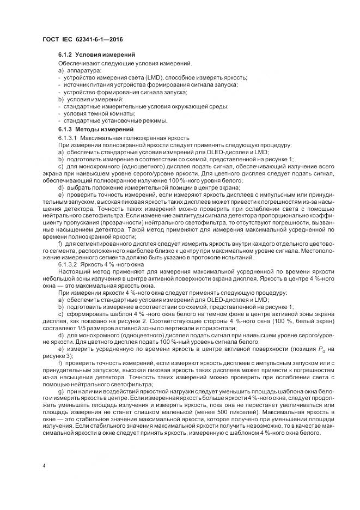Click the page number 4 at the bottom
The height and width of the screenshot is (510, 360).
44,466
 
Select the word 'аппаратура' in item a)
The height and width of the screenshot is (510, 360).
80,71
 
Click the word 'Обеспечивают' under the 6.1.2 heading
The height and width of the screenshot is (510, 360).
76,64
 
